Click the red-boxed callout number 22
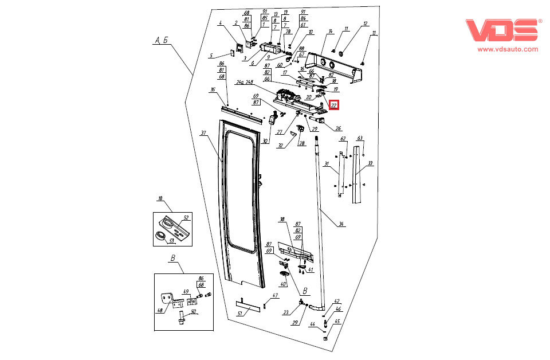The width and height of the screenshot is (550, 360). [334, 105]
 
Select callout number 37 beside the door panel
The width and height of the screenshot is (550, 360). [203, 133]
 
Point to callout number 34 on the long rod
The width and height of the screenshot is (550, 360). [341, 224]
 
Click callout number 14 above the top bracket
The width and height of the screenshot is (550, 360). [331, 31]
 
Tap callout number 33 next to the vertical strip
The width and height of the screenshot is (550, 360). [370, 163]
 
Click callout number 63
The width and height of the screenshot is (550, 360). [360, 138]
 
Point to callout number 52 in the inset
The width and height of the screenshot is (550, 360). [186, 218]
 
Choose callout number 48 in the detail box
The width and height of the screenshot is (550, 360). [159, 311]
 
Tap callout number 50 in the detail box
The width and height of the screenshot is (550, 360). [194, 311]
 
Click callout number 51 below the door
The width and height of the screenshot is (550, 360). [240, 313]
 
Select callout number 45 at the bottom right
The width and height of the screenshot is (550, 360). [337, 322]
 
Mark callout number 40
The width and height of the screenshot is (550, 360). [282, 284]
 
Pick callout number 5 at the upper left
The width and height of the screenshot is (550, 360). [211, 56]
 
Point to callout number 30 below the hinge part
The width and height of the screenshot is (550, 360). [265, 141]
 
